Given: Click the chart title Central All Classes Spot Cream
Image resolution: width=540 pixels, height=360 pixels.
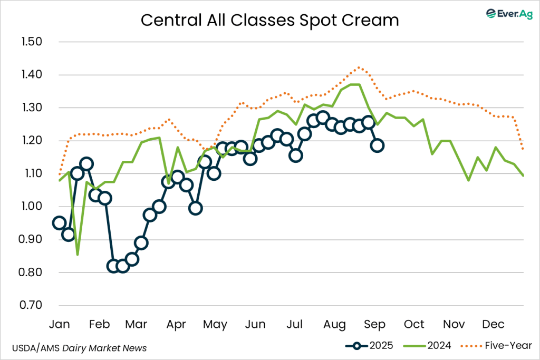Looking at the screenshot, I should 269,20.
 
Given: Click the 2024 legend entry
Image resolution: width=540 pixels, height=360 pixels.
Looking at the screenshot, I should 428,346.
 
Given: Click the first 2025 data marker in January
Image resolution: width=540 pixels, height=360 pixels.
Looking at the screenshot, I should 59,223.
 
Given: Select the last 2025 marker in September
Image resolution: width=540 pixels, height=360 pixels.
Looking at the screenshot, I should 377,145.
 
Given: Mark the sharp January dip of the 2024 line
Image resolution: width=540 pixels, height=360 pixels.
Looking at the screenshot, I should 78,255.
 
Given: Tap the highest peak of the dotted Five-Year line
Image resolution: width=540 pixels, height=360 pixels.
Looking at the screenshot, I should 359,67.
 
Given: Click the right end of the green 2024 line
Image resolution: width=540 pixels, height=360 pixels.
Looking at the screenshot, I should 523,176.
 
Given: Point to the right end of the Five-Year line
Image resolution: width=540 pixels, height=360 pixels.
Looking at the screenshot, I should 523,149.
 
